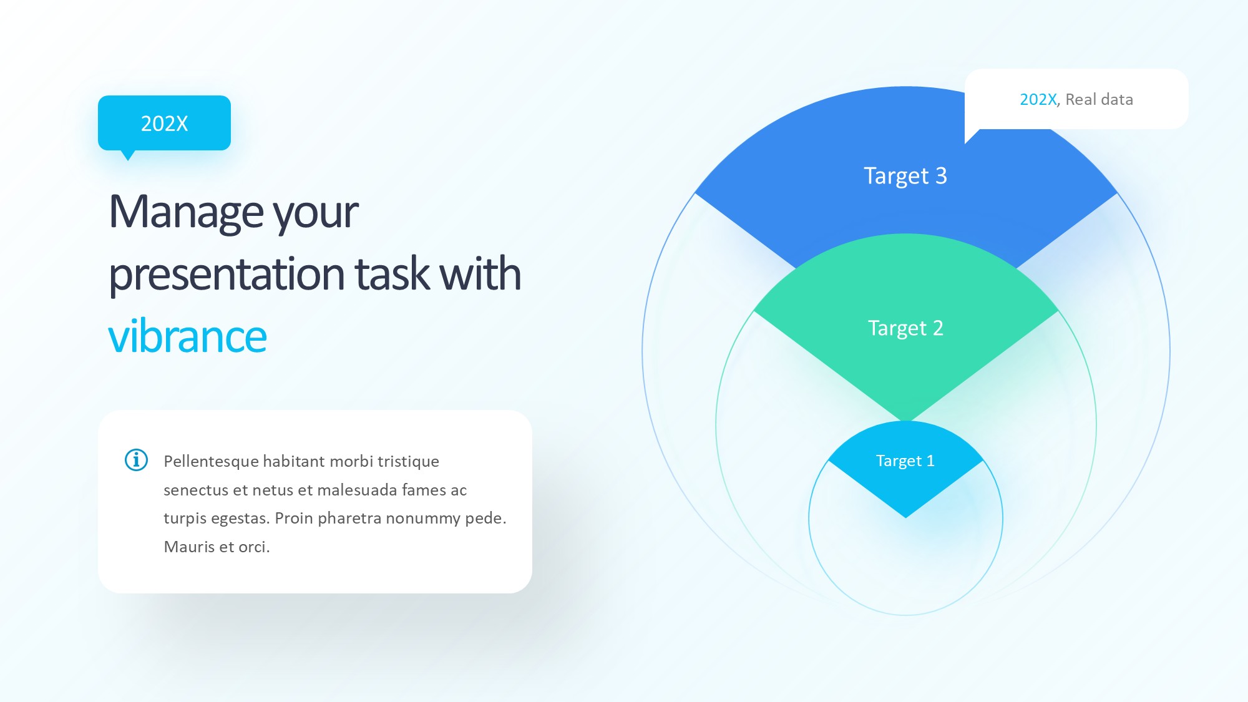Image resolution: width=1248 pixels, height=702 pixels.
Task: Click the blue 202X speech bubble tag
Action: click(x=164, y=123)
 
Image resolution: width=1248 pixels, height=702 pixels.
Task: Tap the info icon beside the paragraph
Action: click(x=136, y=460)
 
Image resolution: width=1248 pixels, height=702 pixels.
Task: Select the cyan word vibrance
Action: click(x=187, y=336)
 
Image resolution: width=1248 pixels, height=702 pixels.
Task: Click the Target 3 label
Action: click(x=905, y=176)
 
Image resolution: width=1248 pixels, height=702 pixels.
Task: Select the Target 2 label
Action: click(x=905, y=328)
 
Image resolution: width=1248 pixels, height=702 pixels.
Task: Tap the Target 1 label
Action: click(x=905, y=461)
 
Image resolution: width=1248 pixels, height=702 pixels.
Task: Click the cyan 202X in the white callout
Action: click(x=1038, y=99)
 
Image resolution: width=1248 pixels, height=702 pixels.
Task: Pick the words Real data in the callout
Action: click(x=1099, y=99)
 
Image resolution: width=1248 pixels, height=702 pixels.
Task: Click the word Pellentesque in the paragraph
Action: click(x=211, y=462)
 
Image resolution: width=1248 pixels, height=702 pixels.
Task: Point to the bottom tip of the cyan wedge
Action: click(x=905, y=517)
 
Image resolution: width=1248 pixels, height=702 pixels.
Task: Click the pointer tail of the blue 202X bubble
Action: click(x=128, y=156)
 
